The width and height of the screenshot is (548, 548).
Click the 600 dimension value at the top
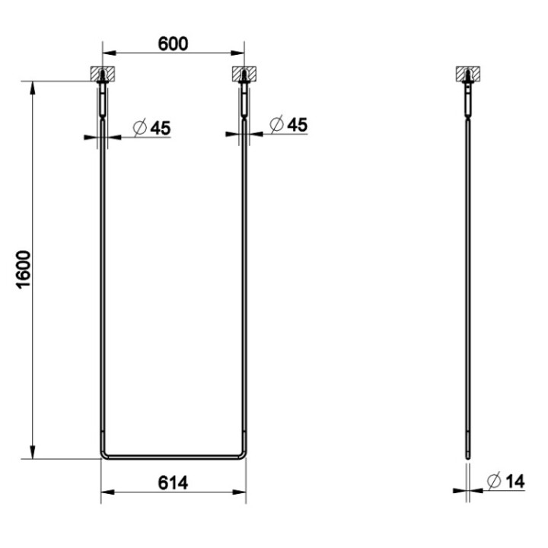coord(173,43)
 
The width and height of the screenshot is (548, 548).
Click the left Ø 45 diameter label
coord(151,128)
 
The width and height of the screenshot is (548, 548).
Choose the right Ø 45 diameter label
coord(289,124)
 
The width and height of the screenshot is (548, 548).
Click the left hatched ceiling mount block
coord(103,75)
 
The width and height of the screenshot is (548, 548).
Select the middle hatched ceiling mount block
coord(244,75)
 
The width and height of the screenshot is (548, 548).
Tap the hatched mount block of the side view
coord(467,75)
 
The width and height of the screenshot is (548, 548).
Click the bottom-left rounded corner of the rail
coord(105,455)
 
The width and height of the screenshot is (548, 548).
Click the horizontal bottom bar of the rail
coord(173,457)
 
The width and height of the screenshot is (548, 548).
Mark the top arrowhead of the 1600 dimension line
coord(33,86)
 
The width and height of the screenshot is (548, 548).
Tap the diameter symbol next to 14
coord(492,481)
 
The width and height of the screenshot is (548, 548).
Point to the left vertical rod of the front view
coord(102,289)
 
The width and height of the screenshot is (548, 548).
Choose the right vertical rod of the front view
coord(244,289)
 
